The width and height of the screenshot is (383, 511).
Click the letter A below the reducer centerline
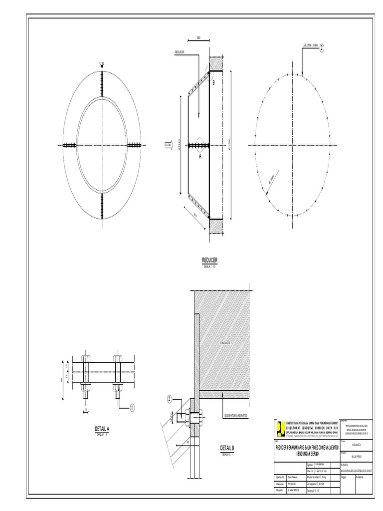pyautogui.click(x=201, y=156)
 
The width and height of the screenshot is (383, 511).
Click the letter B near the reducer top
pyautogui.click(x=213, y=82)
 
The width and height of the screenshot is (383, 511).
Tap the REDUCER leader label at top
pyautogui.click(x=180, y=51)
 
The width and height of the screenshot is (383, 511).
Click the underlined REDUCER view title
pyautogui.click(x=209, y=260)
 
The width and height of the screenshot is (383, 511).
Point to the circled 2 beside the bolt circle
pyautogui.click(x=322, y=48)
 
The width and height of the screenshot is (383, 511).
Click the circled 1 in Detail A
pyautogui.click(x=133, y=408)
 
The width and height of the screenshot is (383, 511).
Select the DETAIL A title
pyautogui.click(x=102, y=429)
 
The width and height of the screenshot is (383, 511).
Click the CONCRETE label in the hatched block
pyautogui.click(x=227, y=344)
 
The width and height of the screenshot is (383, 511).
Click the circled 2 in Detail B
pyautogui.click(x=170, y=399)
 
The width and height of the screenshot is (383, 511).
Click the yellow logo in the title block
pyautogui.click(x=281, y=428)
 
